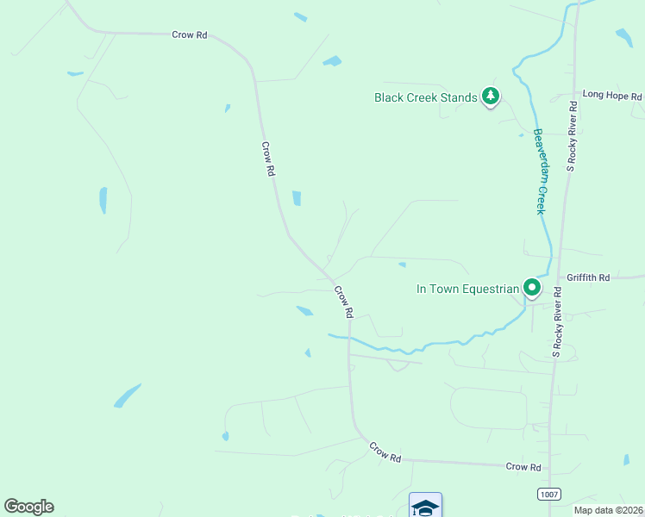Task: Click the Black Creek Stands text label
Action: (x=425, y=97)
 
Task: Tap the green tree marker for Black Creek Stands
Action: (x=491, y=96)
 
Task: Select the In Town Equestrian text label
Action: (x=467, y=289)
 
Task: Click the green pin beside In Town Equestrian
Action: (x=532, y=288)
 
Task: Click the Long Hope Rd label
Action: (x=611, y=95)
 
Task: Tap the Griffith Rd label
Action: (x=589, y=277)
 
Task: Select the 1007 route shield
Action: (x=549, y=493)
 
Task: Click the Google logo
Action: (x=28, y=506)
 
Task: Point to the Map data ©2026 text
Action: (x=608, y=510)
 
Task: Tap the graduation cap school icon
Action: (x=425, y=506)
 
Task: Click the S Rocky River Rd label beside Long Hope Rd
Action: (x=571, y=135)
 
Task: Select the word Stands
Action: (x=459, y=97)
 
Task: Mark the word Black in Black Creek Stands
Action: (x=388, y=97)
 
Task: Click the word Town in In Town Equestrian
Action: (x=444, y=289)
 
